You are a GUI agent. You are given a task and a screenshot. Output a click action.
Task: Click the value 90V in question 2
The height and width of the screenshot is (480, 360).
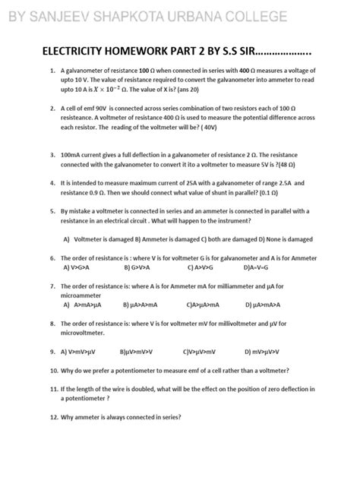tap(103, 109)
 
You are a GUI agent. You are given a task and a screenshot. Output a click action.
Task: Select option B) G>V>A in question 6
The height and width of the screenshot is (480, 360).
tap(141, 267)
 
